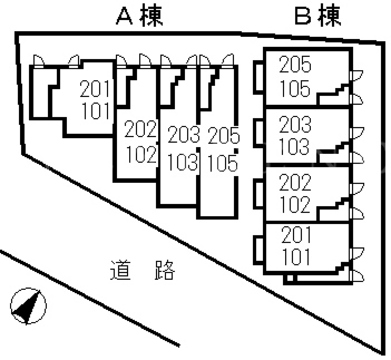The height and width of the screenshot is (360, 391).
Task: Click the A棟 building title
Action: point(140,16)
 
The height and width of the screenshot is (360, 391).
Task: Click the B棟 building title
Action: point(318,16)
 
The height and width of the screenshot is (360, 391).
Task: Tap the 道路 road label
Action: point(142,270)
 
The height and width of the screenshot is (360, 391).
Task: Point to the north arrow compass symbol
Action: point(28,306)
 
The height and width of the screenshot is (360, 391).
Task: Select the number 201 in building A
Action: point(95,90)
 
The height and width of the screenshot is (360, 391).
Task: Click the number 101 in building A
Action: point(96,111)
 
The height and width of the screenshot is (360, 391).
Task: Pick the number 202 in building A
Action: point(140,130)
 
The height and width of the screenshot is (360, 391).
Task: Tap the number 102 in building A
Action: point(141,154)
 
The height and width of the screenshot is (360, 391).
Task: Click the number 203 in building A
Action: point(184,135)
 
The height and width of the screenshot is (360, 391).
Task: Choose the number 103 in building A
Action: point(183,162)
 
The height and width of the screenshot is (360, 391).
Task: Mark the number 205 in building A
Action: point(224,136)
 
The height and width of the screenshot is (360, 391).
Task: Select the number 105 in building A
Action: point(223,163)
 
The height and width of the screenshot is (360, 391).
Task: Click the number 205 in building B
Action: point(295,65)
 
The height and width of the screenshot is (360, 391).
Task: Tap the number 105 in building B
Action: point(295,89)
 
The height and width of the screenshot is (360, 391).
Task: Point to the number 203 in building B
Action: point(295,124)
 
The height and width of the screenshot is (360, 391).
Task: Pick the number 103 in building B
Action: point(295,147)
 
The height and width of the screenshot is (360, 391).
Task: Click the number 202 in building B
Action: point(295,182)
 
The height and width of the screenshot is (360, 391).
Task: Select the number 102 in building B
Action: point(295,205)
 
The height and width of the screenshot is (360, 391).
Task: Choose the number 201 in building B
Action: point(296,235)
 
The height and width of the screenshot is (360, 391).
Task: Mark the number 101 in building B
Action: point(296,257)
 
